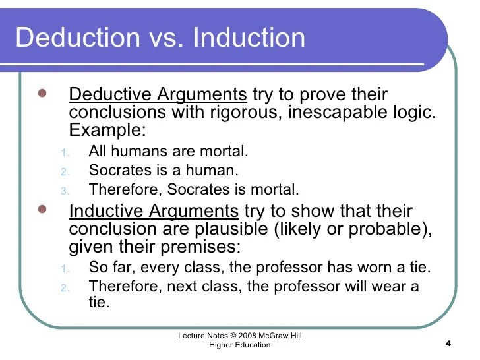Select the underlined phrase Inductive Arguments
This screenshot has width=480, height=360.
pos(154,212)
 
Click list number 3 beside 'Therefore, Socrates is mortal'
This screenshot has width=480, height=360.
pos(65,191)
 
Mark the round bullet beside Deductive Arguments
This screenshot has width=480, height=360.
pos(42,92)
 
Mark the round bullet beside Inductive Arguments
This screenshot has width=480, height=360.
pos(42,210)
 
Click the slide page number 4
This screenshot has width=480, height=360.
pos(448,344)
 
